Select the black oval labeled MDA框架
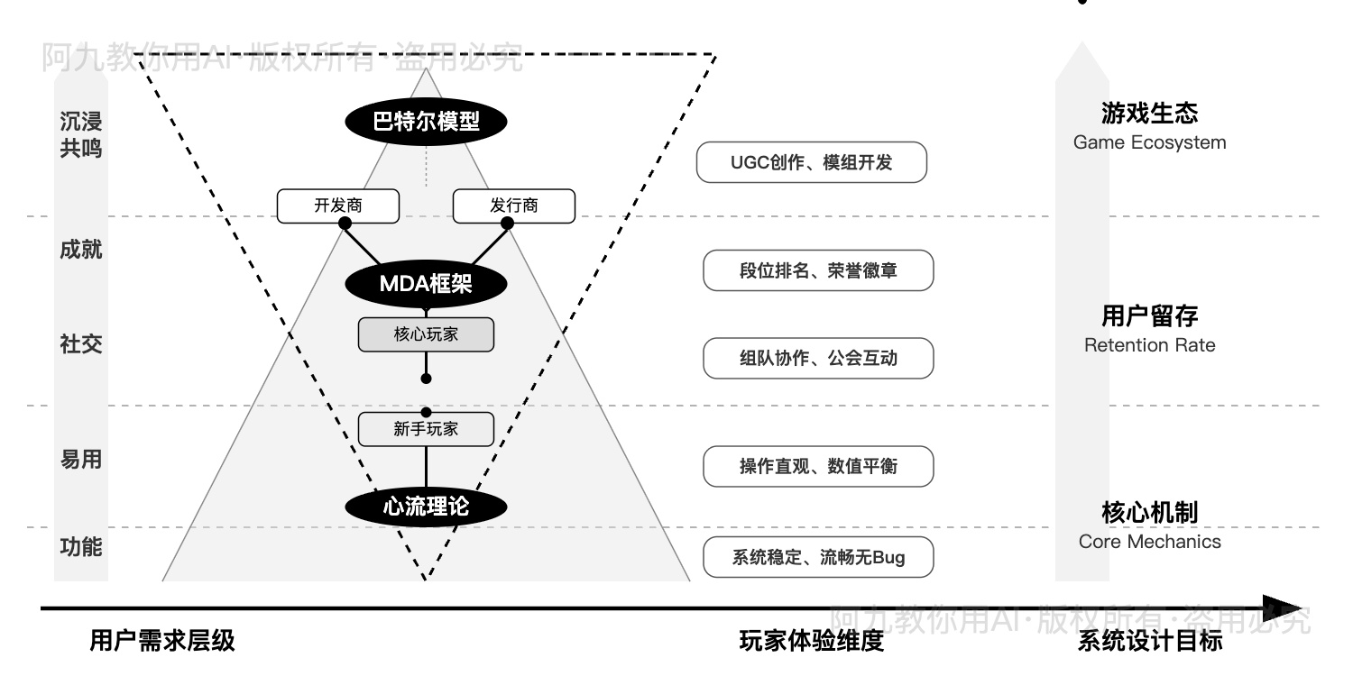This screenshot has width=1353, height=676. (426, 284)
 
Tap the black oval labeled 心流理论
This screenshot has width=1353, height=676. (426, 507)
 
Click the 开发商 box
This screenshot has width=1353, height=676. (338, 206)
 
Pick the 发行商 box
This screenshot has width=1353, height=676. (514, 206)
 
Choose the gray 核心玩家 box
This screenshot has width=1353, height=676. (426, 334)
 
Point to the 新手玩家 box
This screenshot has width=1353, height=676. (426, 429)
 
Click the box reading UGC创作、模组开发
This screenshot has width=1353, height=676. (811, 162)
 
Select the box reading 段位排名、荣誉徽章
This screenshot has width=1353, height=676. (818, 270)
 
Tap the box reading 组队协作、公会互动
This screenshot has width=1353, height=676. (818, 359)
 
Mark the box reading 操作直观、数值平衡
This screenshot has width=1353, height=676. (818, 467)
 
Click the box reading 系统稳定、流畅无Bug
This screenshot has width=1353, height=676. (818, 558)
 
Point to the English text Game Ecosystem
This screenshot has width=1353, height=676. (1149, 142)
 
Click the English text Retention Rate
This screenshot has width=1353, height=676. (1149, 345)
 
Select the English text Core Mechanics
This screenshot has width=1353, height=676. (1149, 542)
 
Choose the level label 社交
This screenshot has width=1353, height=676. (81, 344)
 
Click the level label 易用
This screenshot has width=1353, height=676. (81, 459)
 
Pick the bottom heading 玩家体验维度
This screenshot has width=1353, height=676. (811, 642)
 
